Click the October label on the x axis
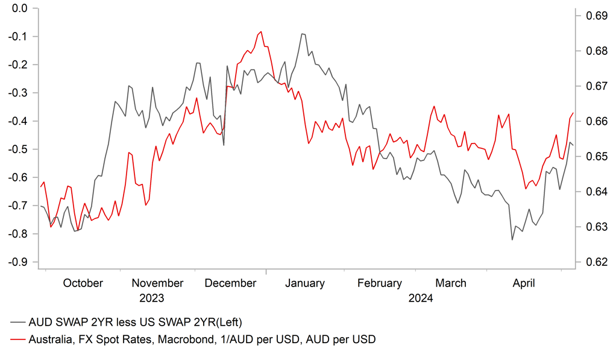83,283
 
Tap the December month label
230,283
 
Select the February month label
379,283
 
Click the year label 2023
151,298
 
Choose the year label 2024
420,298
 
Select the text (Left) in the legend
230,321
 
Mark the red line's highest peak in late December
260,32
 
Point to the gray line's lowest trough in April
512,240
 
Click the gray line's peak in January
303,34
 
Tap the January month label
305,283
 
